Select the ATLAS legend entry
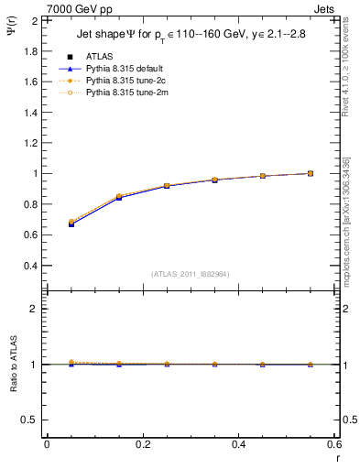coord(100,57)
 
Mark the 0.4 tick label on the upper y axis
coord(29,266)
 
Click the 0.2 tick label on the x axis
coord(142,444)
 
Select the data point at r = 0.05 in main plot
coord(71,224)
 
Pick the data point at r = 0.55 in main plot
coord(311,173)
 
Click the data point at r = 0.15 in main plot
coord(119,197)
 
